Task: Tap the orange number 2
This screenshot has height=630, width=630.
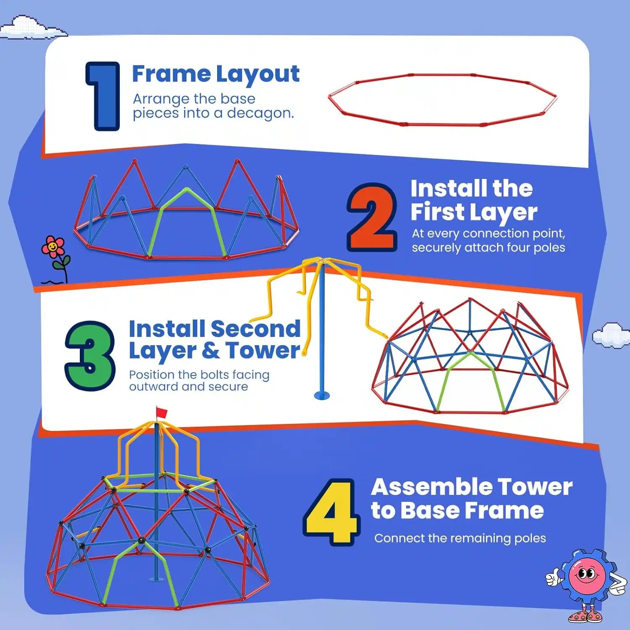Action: (372, 218)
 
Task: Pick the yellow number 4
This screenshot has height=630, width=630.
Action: (331, 512)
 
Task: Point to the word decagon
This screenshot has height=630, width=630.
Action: (260, 113)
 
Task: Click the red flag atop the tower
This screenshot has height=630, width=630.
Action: (162, 412)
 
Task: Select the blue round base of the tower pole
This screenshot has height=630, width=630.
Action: (322, 395)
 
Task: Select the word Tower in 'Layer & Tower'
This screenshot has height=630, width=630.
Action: (263, 351)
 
